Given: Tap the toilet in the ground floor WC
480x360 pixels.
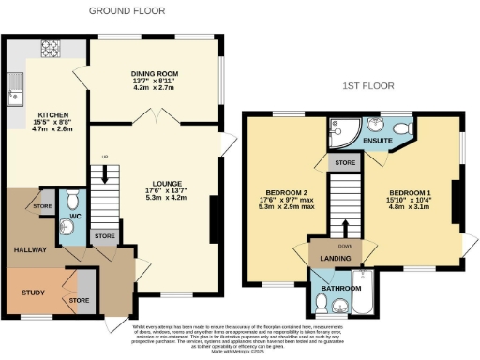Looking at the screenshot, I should click(x=72, y=201).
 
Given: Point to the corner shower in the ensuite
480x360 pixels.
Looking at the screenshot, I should click(x=339, y=132).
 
